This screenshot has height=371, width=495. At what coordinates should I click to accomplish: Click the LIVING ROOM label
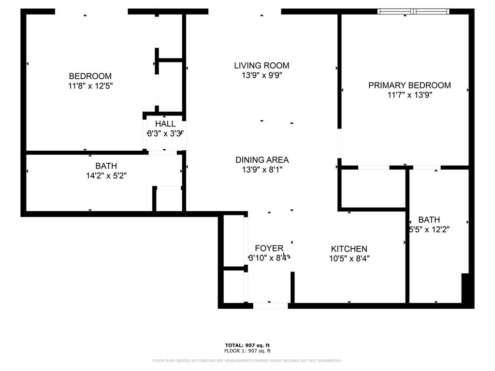tap(262, 65)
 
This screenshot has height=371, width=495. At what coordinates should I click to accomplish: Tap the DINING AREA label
tap(262, 160)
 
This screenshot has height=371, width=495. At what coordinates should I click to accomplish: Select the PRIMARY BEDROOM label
tap(409, 86)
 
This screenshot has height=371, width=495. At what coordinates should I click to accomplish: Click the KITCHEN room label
tap(349, 249)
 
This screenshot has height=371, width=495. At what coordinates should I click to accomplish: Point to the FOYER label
tap(269, 248)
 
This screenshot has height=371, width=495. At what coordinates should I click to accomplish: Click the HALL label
tap(165, 124)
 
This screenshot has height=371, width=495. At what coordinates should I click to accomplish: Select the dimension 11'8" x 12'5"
tap(90, 86)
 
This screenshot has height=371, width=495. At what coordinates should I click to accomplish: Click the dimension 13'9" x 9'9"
tap(262, 75)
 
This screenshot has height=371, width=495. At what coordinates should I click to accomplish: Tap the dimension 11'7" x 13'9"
tap(409, 95)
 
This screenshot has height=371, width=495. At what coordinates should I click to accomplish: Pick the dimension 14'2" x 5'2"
tap(106, 175)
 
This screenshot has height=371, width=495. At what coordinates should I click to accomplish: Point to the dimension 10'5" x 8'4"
tap(349, 258)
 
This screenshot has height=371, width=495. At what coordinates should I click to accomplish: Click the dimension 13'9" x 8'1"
tap(262, 170)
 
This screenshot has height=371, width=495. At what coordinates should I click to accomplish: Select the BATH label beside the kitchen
tap(429, 220)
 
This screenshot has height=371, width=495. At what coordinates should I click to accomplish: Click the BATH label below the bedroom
tap(106, 166)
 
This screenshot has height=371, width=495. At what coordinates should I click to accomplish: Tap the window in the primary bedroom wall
tap(413, 12)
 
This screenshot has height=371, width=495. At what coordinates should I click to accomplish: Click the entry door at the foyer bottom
tap(270, 305)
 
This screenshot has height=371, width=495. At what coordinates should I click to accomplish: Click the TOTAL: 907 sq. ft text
tap(247, 345)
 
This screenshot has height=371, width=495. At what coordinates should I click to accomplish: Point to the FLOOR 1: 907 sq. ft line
tap(247, 351)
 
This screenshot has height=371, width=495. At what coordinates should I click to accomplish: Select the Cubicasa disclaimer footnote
tap(247, 360)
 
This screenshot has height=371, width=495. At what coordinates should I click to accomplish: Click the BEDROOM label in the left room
tap(90, 76)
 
